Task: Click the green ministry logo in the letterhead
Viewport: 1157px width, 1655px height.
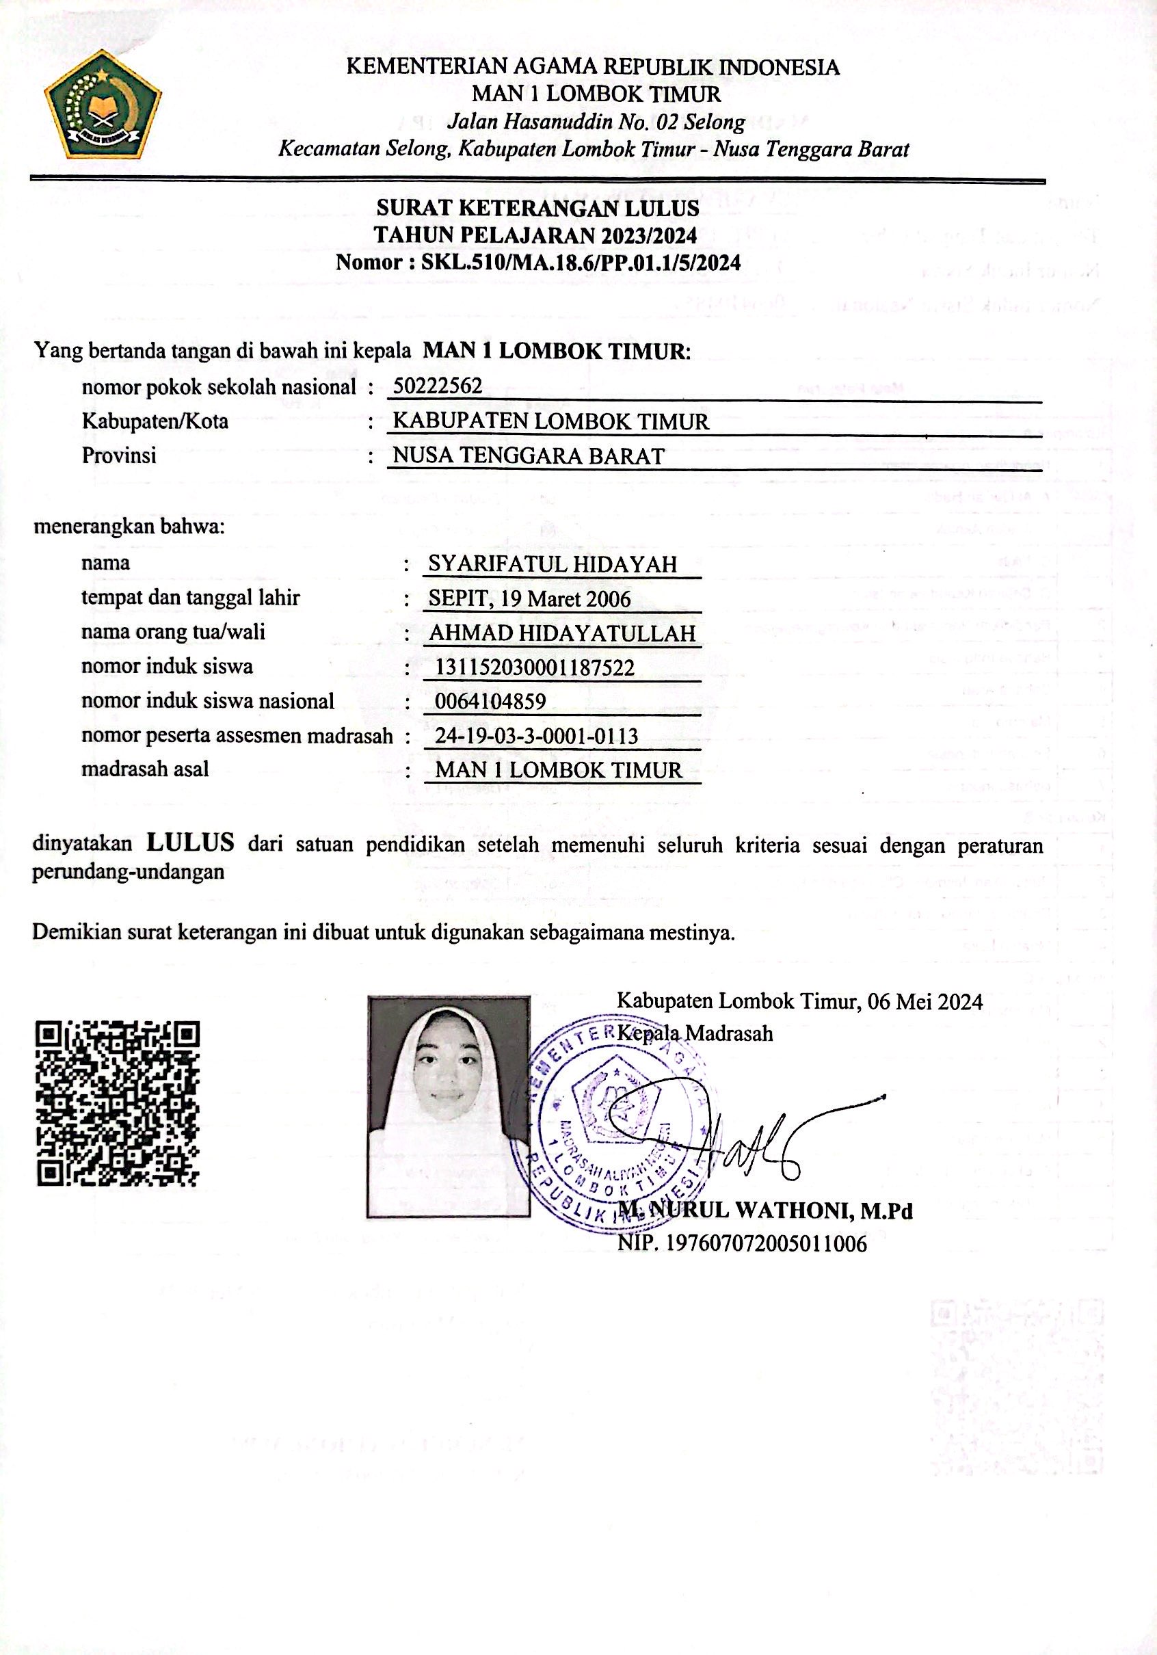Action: pos(103,105)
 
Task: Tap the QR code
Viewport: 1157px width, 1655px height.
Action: pos(118,1104)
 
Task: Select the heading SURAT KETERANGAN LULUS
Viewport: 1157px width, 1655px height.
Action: pos(537,209)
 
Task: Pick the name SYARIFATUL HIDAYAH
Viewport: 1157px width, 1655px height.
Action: pos(553,564)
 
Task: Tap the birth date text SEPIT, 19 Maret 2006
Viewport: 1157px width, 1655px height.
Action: pos(530,598)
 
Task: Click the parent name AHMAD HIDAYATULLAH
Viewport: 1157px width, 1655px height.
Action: pos(562,633)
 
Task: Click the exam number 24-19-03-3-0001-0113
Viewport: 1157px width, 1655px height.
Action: pos(537,736)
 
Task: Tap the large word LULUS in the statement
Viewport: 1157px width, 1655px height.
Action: pos(190,841)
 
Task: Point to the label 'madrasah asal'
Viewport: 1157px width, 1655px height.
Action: pos(145,769)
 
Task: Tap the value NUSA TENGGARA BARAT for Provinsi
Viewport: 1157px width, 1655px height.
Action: pos(529,456)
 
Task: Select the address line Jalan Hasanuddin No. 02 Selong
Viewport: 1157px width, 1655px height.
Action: pos(596,122)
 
